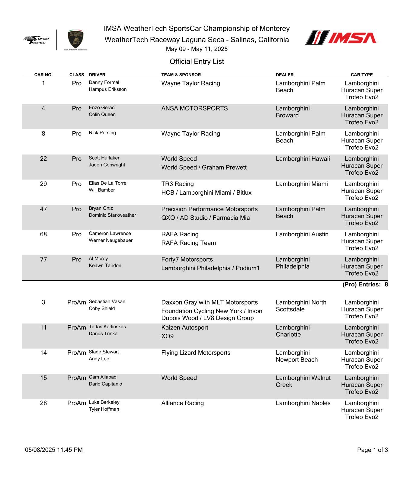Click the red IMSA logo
click(x=341, y=37)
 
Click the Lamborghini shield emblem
click(x=75, y=38)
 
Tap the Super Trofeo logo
click(x=36, y=40)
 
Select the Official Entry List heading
click(x=197, y=62)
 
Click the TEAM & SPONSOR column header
click(x=181, y=75)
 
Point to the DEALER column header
click(x=284, y=75)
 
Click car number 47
click(x=43, y=209)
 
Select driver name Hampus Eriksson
click(x=107, y=89)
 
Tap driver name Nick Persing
click(x=102, y=133)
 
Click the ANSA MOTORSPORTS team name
click(x=194, y=108)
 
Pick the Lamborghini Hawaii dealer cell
click(x=303, y=159)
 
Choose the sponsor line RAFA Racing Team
click(x=188, y=243)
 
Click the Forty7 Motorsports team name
click(x=187, y=260)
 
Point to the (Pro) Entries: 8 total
click(x=365, y=285)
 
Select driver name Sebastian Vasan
click(x=107, y=301)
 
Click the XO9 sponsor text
click(x=167, y=336)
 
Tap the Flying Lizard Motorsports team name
click(x=196, y=353)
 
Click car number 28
click(x=43, y=403)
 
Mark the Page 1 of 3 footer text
click(x=372, y=450)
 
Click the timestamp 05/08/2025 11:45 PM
click(x=54, y=450)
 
